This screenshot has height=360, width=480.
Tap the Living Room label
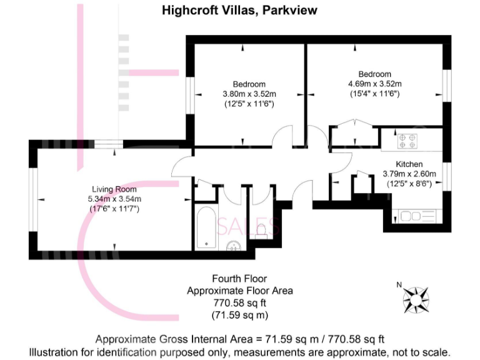114,189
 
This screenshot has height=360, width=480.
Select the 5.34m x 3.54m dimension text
114,199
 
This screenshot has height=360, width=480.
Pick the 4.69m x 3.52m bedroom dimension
374,84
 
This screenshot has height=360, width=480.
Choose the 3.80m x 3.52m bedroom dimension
249,94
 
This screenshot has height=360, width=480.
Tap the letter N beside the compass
399,285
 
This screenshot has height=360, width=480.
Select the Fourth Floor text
240,279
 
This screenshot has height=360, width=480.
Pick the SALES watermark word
248,226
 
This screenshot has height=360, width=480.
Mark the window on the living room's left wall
33,199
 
